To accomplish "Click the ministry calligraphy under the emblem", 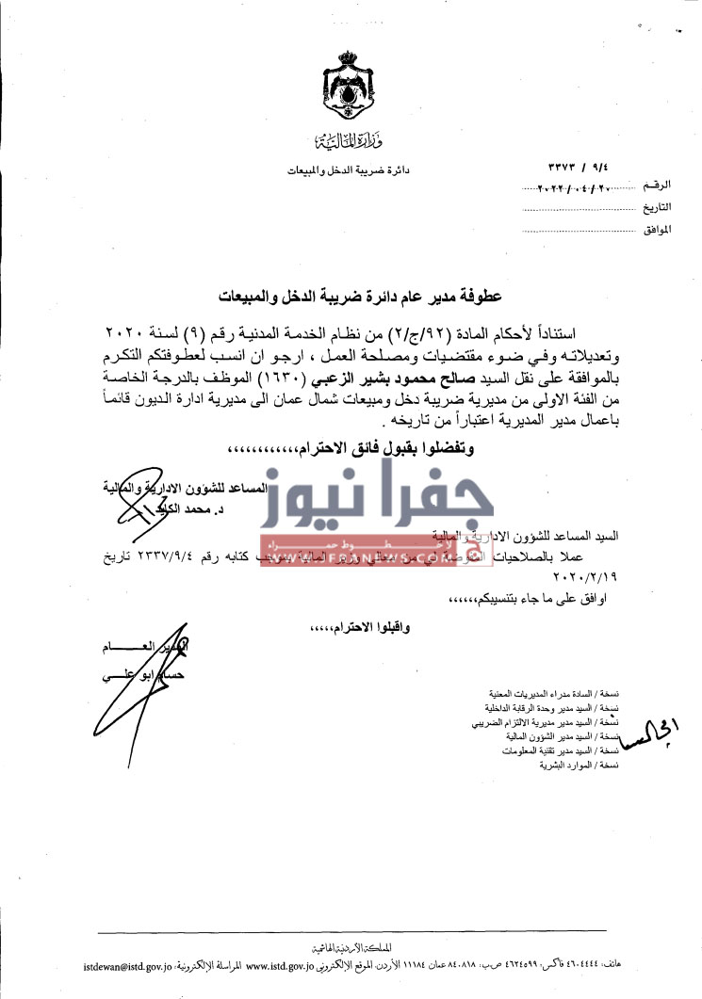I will (341, 144).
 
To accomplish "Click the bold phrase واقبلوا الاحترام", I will (349, 625).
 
